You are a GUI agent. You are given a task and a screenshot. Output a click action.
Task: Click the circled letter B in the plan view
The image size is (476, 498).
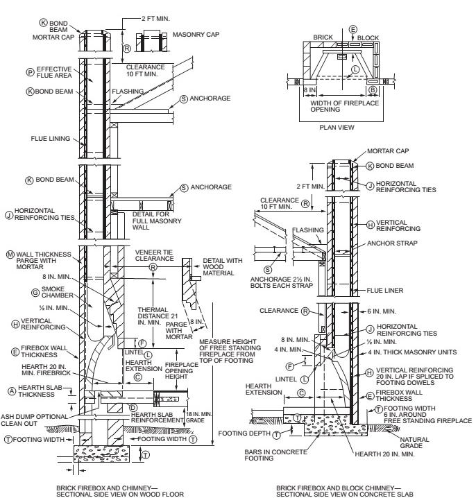(x=373, y=89)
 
